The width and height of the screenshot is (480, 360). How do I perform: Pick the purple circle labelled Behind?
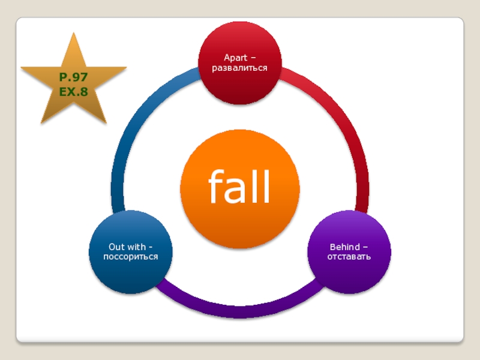pos(349,270)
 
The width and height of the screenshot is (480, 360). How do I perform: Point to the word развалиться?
pos(240,68)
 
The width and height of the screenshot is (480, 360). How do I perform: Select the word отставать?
pos(349,257)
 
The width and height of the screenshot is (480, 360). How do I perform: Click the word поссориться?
pos(130,257)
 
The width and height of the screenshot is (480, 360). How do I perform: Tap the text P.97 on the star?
pos(73,77)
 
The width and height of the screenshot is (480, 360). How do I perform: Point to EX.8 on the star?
pos(73,91)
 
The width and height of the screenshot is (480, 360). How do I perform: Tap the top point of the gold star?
pos(75,35)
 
